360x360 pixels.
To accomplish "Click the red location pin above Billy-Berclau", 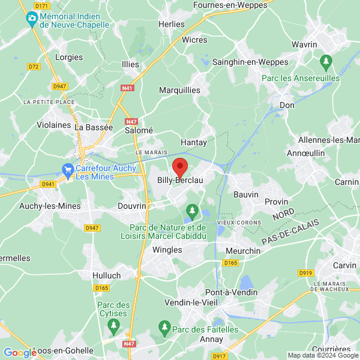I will click(x=179, y=166).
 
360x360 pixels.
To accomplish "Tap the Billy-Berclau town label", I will click(x=179, y=181).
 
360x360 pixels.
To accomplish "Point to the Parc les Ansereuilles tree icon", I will click(x=326, y=61).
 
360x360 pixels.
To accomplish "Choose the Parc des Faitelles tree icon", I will click(x=164, y=326).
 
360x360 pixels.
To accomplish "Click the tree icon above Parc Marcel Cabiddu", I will click(x=192, y=211).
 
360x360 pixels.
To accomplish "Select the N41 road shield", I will click(x=127, y=88).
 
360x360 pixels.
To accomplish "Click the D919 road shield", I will click(x=306, y=273).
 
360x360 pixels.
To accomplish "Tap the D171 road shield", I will click(x=41, y=5).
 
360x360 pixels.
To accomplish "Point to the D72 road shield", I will click(x=34, y=66).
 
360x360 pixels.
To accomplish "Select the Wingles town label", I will click(x=167, y=250).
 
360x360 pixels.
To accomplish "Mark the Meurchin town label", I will click(x=243, y=250).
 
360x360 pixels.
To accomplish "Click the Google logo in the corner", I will click(x=20, y=352).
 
